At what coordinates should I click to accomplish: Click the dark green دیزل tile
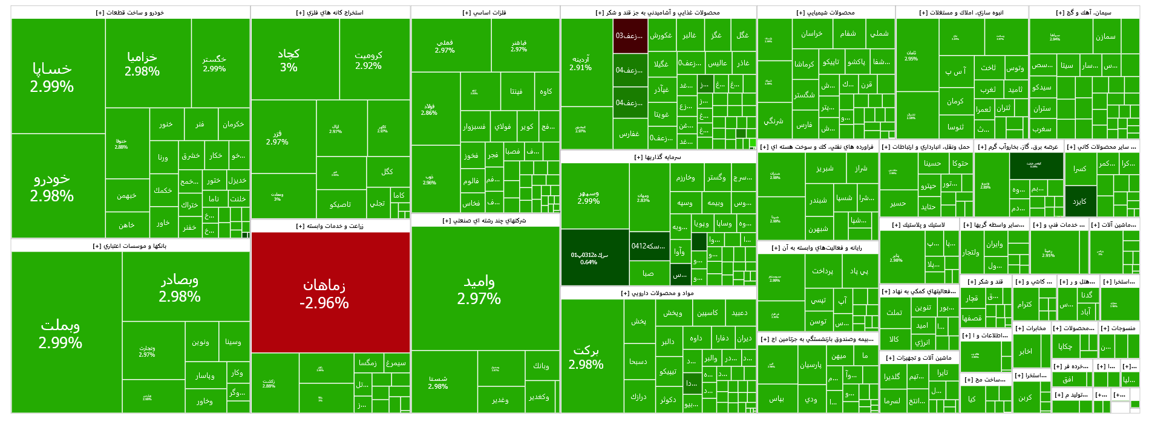pyautogui.click(x=1079, y=201)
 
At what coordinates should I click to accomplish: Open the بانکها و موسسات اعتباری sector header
pyautogui.click(x=130, y=246)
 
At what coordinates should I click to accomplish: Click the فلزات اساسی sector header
pyautogui.click(x=485, y=13)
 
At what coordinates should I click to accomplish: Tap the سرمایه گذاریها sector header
pyautogui.click(x=658, y=157)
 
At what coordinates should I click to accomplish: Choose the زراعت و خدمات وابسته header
pyautogui.click(x=330, y=226)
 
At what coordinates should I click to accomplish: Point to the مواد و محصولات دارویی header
pyautogui.click(x=658, y=293)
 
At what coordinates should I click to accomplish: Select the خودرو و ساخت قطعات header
pyautogui.click(x=130, y=13)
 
